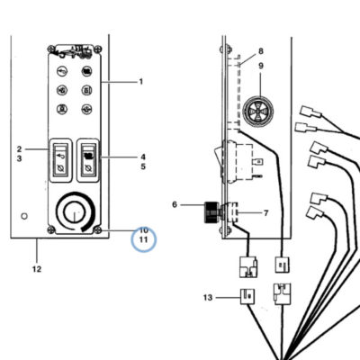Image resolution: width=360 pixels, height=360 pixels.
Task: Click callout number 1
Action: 141,82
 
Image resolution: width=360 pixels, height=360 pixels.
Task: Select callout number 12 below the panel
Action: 37,269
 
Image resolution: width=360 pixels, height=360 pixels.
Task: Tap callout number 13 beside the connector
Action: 208,298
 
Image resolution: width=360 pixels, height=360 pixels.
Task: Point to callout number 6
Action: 175,204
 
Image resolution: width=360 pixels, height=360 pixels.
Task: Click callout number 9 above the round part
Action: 261,66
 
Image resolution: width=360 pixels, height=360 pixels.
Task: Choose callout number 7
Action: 265,213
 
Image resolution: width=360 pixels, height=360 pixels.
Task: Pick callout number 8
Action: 261,51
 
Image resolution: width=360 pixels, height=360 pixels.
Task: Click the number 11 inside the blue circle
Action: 144,240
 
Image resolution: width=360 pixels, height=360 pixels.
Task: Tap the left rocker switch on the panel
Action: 60,160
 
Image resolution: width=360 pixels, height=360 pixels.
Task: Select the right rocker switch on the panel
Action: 88,160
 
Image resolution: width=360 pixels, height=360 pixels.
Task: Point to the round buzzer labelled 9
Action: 258,111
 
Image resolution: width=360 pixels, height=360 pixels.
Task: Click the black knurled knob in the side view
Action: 212,212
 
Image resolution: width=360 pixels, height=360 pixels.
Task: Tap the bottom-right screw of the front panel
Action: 97,230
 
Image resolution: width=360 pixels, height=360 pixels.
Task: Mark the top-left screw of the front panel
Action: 51,49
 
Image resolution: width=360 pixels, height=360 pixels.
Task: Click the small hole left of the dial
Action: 24,216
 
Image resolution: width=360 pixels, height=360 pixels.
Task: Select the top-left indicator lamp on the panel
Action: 62,71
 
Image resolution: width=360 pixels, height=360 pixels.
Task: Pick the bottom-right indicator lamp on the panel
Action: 86,109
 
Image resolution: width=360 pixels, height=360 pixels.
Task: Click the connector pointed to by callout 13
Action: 247,296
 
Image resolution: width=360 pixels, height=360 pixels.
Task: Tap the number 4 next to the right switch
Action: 143,157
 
